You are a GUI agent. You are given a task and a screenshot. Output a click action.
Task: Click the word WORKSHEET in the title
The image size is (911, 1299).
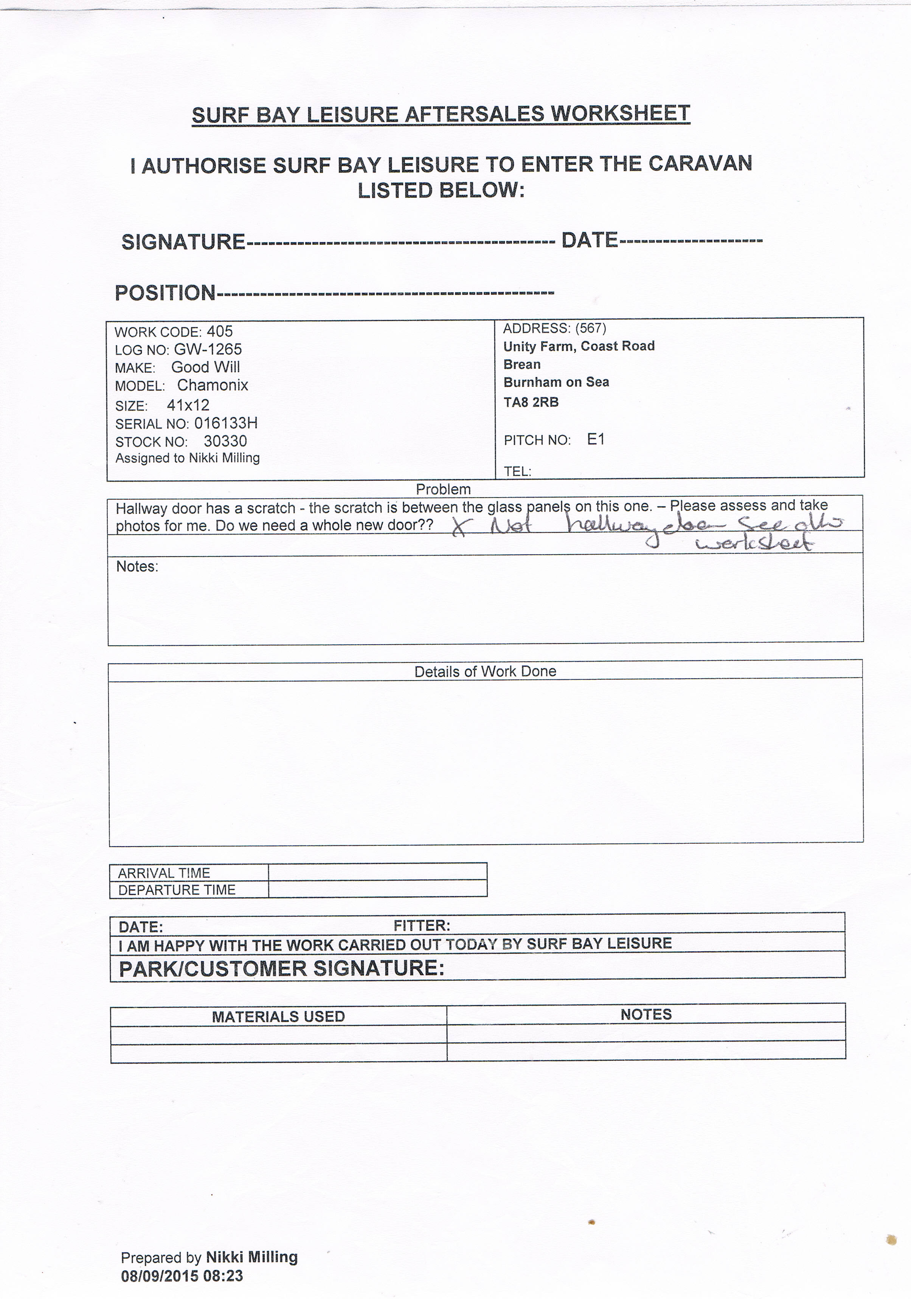click(620, 114)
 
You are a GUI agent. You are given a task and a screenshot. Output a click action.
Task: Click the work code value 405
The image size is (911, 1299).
click(220, 332)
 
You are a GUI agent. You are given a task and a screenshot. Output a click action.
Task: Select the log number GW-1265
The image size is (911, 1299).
click(208, 350)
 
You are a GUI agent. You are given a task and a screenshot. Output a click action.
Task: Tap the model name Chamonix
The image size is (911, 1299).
click(213, 385)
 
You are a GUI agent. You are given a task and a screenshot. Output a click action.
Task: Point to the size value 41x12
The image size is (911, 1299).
click(188, 405)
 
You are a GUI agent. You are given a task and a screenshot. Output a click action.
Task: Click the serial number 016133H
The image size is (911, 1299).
click(226, 423)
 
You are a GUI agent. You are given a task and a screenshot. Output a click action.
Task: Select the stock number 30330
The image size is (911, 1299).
click(225, 441)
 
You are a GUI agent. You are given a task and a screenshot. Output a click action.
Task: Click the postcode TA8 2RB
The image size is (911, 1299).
click(531, 402)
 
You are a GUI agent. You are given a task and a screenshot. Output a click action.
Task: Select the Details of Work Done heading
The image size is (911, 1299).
click(485, 671)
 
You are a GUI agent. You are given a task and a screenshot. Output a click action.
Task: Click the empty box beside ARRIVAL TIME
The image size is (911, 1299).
click(377, 872)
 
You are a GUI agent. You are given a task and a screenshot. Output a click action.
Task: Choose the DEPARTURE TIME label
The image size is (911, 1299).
click(177, 890)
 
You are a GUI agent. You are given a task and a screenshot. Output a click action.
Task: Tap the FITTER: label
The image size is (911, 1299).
click(422, 925)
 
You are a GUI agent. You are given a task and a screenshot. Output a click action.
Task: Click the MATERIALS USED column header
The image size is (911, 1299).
click(278, 1017)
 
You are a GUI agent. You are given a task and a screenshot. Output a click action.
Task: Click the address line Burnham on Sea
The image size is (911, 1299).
click(556, 383)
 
